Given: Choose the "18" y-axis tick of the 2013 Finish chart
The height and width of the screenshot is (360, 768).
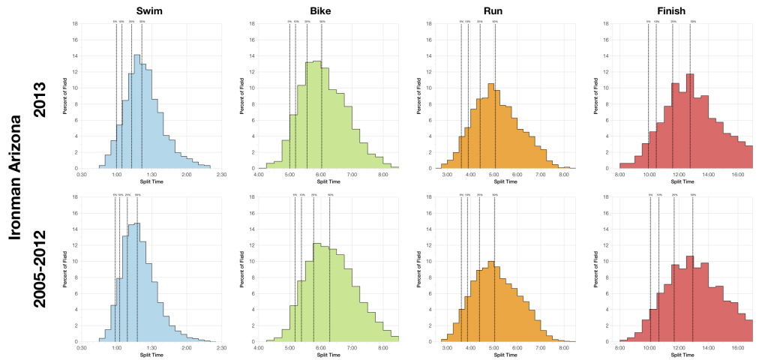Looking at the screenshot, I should (610, 24).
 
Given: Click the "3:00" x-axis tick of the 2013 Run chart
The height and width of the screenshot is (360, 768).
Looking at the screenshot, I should (448, 175).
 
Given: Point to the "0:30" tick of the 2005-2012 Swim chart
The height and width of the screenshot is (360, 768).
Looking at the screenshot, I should (82, 348).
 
